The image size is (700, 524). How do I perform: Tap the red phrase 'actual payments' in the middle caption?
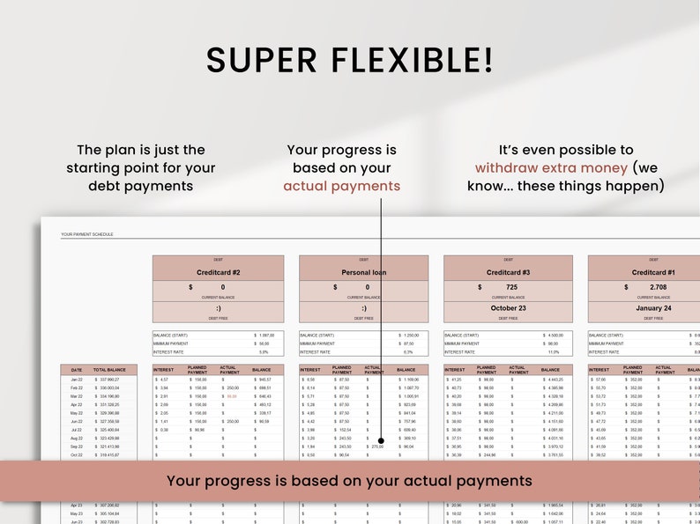pos(341,186)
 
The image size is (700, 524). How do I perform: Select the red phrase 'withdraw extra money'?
pos(552,167)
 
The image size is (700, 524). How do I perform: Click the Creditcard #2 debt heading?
pos(218,273)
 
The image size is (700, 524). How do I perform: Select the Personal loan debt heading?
pos(363,273)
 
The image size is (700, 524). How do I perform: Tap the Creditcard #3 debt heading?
pos(508,273)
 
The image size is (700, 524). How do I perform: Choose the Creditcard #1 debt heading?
pos(652,273)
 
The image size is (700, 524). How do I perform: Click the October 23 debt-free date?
pos(508,308)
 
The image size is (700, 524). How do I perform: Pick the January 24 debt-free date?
pos(652,308)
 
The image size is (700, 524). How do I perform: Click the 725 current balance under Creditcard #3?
pos(512,287)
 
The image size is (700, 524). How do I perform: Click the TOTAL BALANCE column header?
pos(115,370)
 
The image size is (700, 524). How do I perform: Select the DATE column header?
pos(76,370)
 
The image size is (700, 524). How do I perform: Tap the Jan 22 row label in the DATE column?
pos(76,380)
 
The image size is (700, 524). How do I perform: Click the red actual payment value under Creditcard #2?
pos(232,396)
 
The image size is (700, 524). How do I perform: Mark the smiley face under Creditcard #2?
pos(218,308)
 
